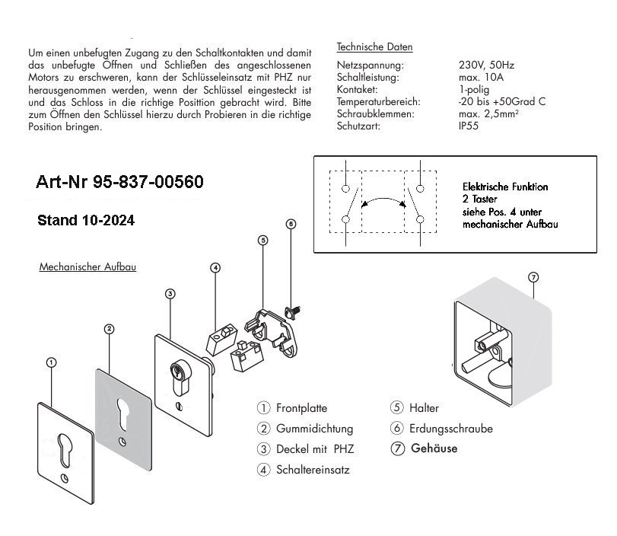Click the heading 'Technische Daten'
pos(374,47)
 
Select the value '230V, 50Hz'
pos(486,65)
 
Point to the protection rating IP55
pos(468,126)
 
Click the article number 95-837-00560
pos(148,182)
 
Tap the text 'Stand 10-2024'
pos(86,220)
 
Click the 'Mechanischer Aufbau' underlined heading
pos(87,267)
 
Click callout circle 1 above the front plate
pos(51,362)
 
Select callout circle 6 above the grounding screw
pos(291,224)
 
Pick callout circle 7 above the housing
pos(533,277)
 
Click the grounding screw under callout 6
pos(291,312)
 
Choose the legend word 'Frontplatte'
pos(301,408)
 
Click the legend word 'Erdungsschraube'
pos(451,429)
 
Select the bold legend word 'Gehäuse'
pos(434,448)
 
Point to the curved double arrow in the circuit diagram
pos(383,199)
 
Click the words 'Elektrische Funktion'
pos(505,187)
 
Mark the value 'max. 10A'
pos(481,77)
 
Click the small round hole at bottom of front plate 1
pos(65,477)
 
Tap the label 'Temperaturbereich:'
pos(379,101)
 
